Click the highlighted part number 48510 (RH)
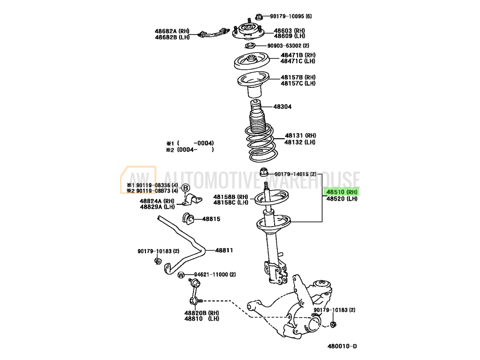pos(342,192)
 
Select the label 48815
pos(211,219)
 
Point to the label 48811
pos(224,250)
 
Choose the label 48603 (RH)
pos(289,30)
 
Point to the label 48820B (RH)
pos(201,312)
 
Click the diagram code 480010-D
pos(342,346)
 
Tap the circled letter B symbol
pos(186,188)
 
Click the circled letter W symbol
pos(181,275)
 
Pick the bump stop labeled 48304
pos(255,106)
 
